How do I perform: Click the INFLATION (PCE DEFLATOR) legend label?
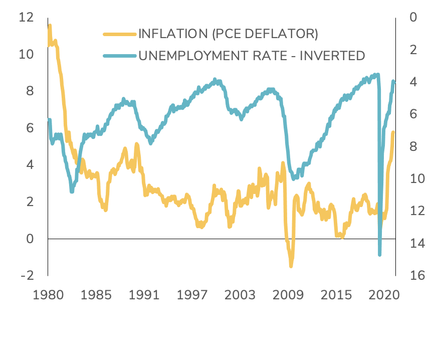(x=228, y=34)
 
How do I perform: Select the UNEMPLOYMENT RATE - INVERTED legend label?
(x=252, y=55)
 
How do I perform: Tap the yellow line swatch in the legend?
(x=120, y=34)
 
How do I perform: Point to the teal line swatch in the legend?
(x=120, y=55)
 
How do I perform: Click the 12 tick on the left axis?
(x=26, y=18)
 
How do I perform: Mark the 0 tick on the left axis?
(x=30, y=239)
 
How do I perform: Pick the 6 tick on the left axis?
(x=30, y=128)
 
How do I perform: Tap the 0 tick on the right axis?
(x=413, y=18)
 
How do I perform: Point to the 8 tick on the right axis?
(x=413, y=146)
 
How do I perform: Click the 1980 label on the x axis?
(x=49, y=295)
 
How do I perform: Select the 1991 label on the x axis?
(x=145, y=295)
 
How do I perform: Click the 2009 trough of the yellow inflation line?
(x=291, y=265)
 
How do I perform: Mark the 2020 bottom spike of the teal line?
(x=380, y=254)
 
